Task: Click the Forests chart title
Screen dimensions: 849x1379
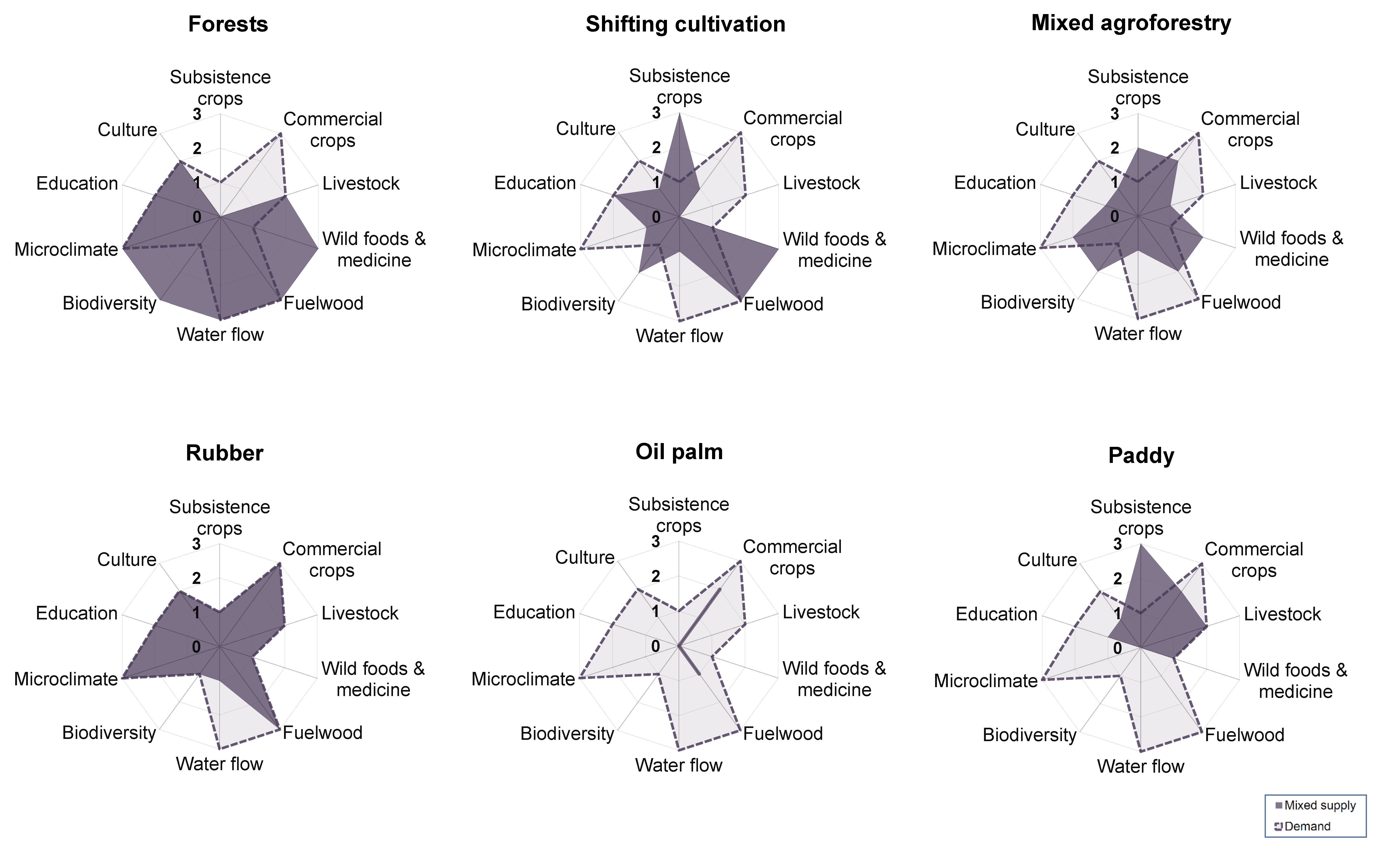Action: point(228,24)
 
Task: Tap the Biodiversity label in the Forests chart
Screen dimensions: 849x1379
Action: point(109,303)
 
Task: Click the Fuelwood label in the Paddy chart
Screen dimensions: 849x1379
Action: point(1244,735)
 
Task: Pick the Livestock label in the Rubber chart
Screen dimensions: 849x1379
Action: point(360,613)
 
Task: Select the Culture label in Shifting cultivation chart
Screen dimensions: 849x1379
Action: point(586,129)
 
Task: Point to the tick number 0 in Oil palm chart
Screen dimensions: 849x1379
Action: point(655,647)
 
